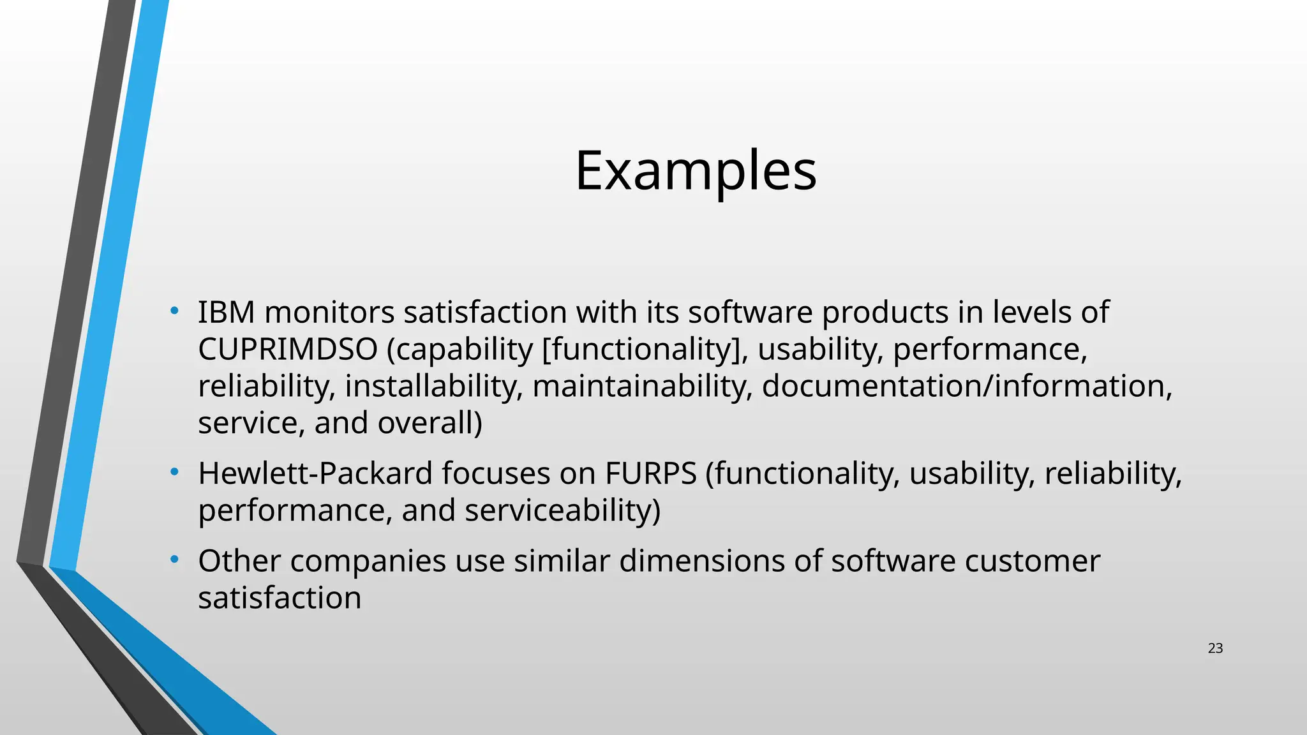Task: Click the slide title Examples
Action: coord(696,170)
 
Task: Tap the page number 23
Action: coord(1215,649)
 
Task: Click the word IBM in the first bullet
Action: coord(227,313)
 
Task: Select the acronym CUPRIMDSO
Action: coord(288,350)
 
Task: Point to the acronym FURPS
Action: coord(650,473)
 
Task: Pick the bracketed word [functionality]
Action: coord(645,350)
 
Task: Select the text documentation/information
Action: coord(967,387)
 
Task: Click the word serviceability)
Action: coord(562,510)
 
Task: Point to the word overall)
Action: coord(429,423)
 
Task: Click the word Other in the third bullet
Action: coord(239,561)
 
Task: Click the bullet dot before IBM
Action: coord(174,311)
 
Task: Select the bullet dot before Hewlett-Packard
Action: coord(174,473)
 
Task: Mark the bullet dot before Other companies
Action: coord(174,560)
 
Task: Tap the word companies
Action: coord(368,561)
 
